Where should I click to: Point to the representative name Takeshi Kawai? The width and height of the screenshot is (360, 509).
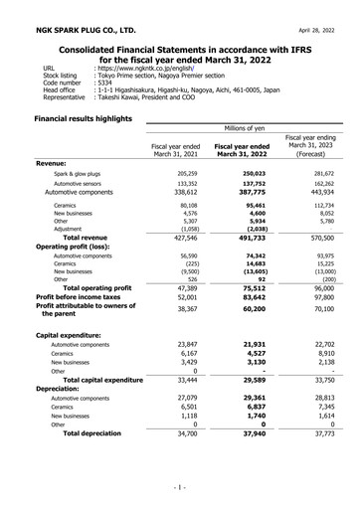[x=123, y=99]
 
